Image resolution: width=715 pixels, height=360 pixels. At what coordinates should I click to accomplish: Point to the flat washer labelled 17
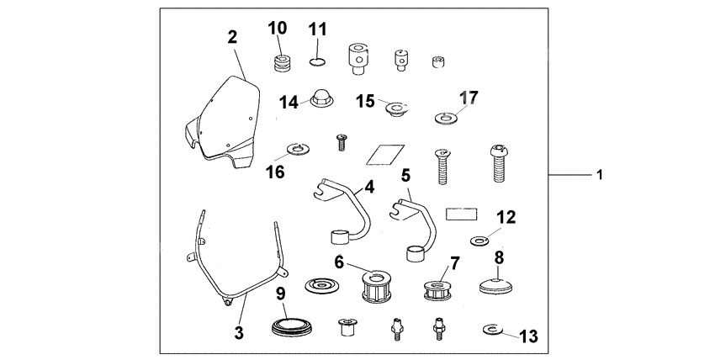[444, 116]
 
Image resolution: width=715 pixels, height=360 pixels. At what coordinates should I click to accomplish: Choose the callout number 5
[405, 176]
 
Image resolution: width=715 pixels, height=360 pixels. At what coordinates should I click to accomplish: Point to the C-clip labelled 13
[494, 329]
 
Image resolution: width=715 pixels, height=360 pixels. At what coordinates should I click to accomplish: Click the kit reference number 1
[599, 175]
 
